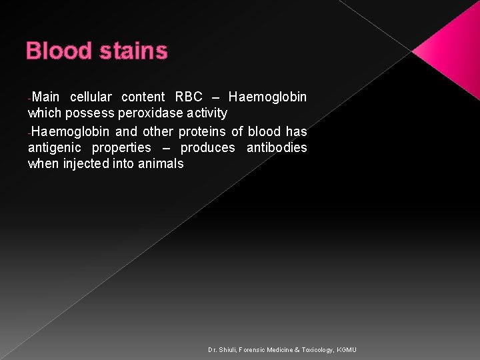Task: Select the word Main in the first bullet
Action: tap(45, 97)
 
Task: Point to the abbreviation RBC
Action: tap(188, 97)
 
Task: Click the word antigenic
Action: tap(53, 147)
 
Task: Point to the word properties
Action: tap(121, 147)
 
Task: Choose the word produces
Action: tap(207, 147)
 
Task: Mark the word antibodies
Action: tap(277, 147)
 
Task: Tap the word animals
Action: tap(161, 163)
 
